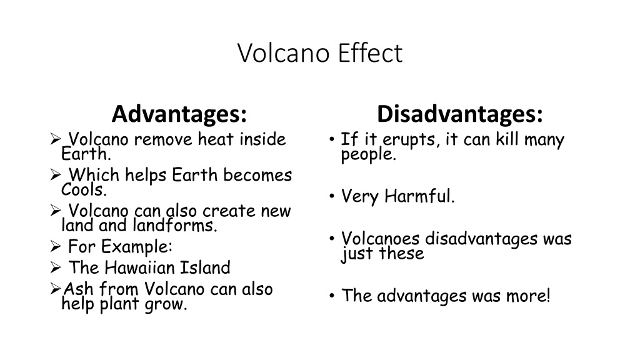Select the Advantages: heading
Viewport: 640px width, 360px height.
(x=179, y=114)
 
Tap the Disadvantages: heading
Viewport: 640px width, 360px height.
(x=459, y=114)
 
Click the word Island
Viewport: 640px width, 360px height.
(x=205, y=268)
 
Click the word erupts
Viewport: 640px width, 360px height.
(x=404, y=139)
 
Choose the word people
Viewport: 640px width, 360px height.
(x=368, y=155)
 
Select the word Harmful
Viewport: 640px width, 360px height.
(x=419, y=197)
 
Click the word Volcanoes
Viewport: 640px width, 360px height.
(x=380, y=239)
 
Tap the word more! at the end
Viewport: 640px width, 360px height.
(x=528, y=296)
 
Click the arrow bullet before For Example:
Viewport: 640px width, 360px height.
(x=54, y=246)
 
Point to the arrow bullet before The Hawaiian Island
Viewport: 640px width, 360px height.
(x=54, y=268)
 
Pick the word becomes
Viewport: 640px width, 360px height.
(x=257, y=176)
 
